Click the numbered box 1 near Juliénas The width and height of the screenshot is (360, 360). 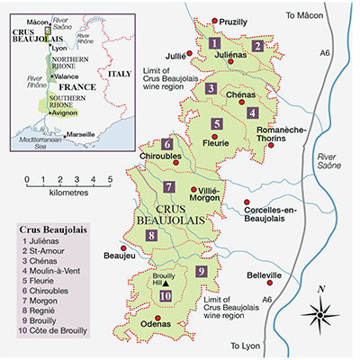(214, 42)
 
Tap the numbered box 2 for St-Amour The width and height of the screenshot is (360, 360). (257, 46)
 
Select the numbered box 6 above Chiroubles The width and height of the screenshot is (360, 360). (167, 144)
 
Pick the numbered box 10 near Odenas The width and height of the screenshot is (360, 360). (166, 297)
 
